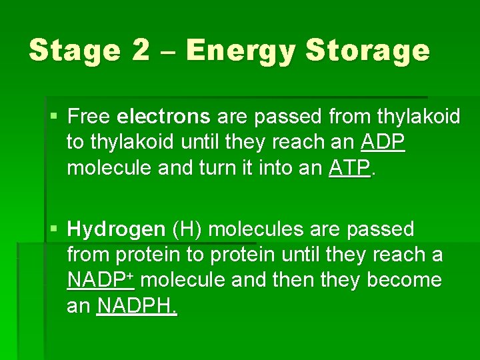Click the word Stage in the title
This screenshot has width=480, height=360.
click(73, 51)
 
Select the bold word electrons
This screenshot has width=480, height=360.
click(163, 117)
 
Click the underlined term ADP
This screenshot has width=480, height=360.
click(383, 143)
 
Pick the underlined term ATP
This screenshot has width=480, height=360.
click(349, 168)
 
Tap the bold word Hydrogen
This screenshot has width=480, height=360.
click(117, 230)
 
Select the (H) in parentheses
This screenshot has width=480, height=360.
click(189, 230)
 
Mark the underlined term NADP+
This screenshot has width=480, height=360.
click(101, 280)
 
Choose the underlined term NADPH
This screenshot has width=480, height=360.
click(137, 306)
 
